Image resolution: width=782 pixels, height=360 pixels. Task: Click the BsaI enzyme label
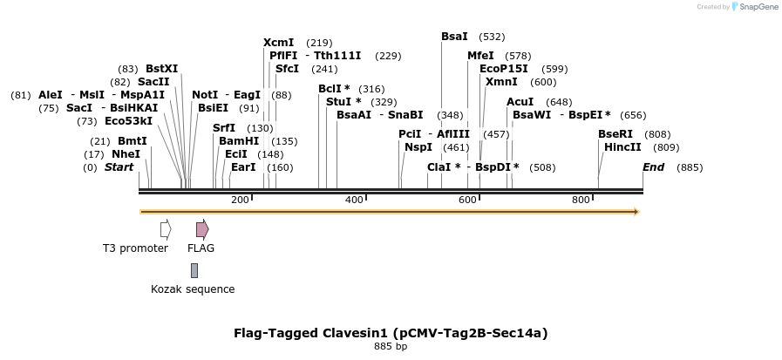pos(454,37)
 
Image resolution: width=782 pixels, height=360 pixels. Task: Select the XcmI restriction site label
pos(278,43)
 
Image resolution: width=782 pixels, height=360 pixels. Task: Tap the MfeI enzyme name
pos(480,56)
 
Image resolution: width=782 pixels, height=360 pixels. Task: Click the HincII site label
pos(622,147)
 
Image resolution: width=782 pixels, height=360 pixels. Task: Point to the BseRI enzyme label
pos(615,134)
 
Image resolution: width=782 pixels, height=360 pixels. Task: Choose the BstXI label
pos(161,69)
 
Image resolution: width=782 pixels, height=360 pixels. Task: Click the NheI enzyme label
pos(126,154)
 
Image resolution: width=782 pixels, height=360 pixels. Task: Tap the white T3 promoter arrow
pos(166,229)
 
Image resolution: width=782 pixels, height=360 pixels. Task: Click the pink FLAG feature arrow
pos(201,229)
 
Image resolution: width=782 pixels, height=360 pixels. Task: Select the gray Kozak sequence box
pos(194,270)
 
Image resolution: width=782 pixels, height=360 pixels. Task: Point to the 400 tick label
pos(354,200)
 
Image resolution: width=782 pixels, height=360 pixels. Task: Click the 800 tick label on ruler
pos(581,200)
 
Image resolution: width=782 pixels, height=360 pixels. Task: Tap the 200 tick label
pos(240,200)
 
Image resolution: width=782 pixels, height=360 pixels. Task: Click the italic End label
pos(653,167)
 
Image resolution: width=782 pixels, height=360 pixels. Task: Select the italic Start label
pos(119,167)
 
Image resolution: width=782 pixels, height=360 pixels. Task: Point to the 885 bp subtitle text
pos(391,346)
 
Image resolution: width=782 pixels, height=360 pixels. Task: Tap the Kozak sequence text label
pos(193,289)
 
